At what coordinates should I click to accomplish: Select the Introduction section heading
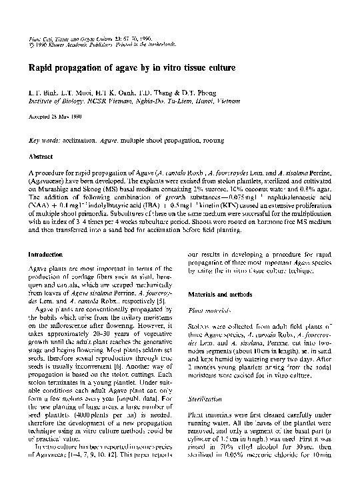coord(45,255)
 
